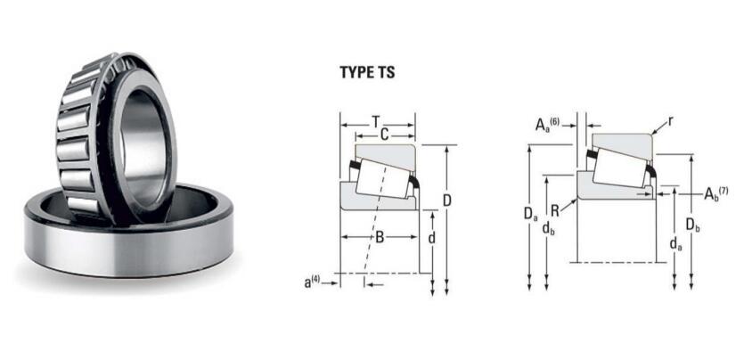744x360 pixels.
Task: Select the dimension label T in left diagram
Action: [377, 120]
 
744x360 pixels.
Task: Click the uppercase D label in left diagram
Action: [446, 200]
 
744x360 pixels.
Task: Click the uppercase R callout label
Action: [554, 211]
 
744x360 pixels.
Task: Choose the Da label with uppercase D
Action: [531, 215]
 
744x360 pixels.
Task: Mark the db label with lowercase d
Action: [547, 229]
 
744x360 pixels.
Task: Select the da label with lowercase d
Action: [675, 241]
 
